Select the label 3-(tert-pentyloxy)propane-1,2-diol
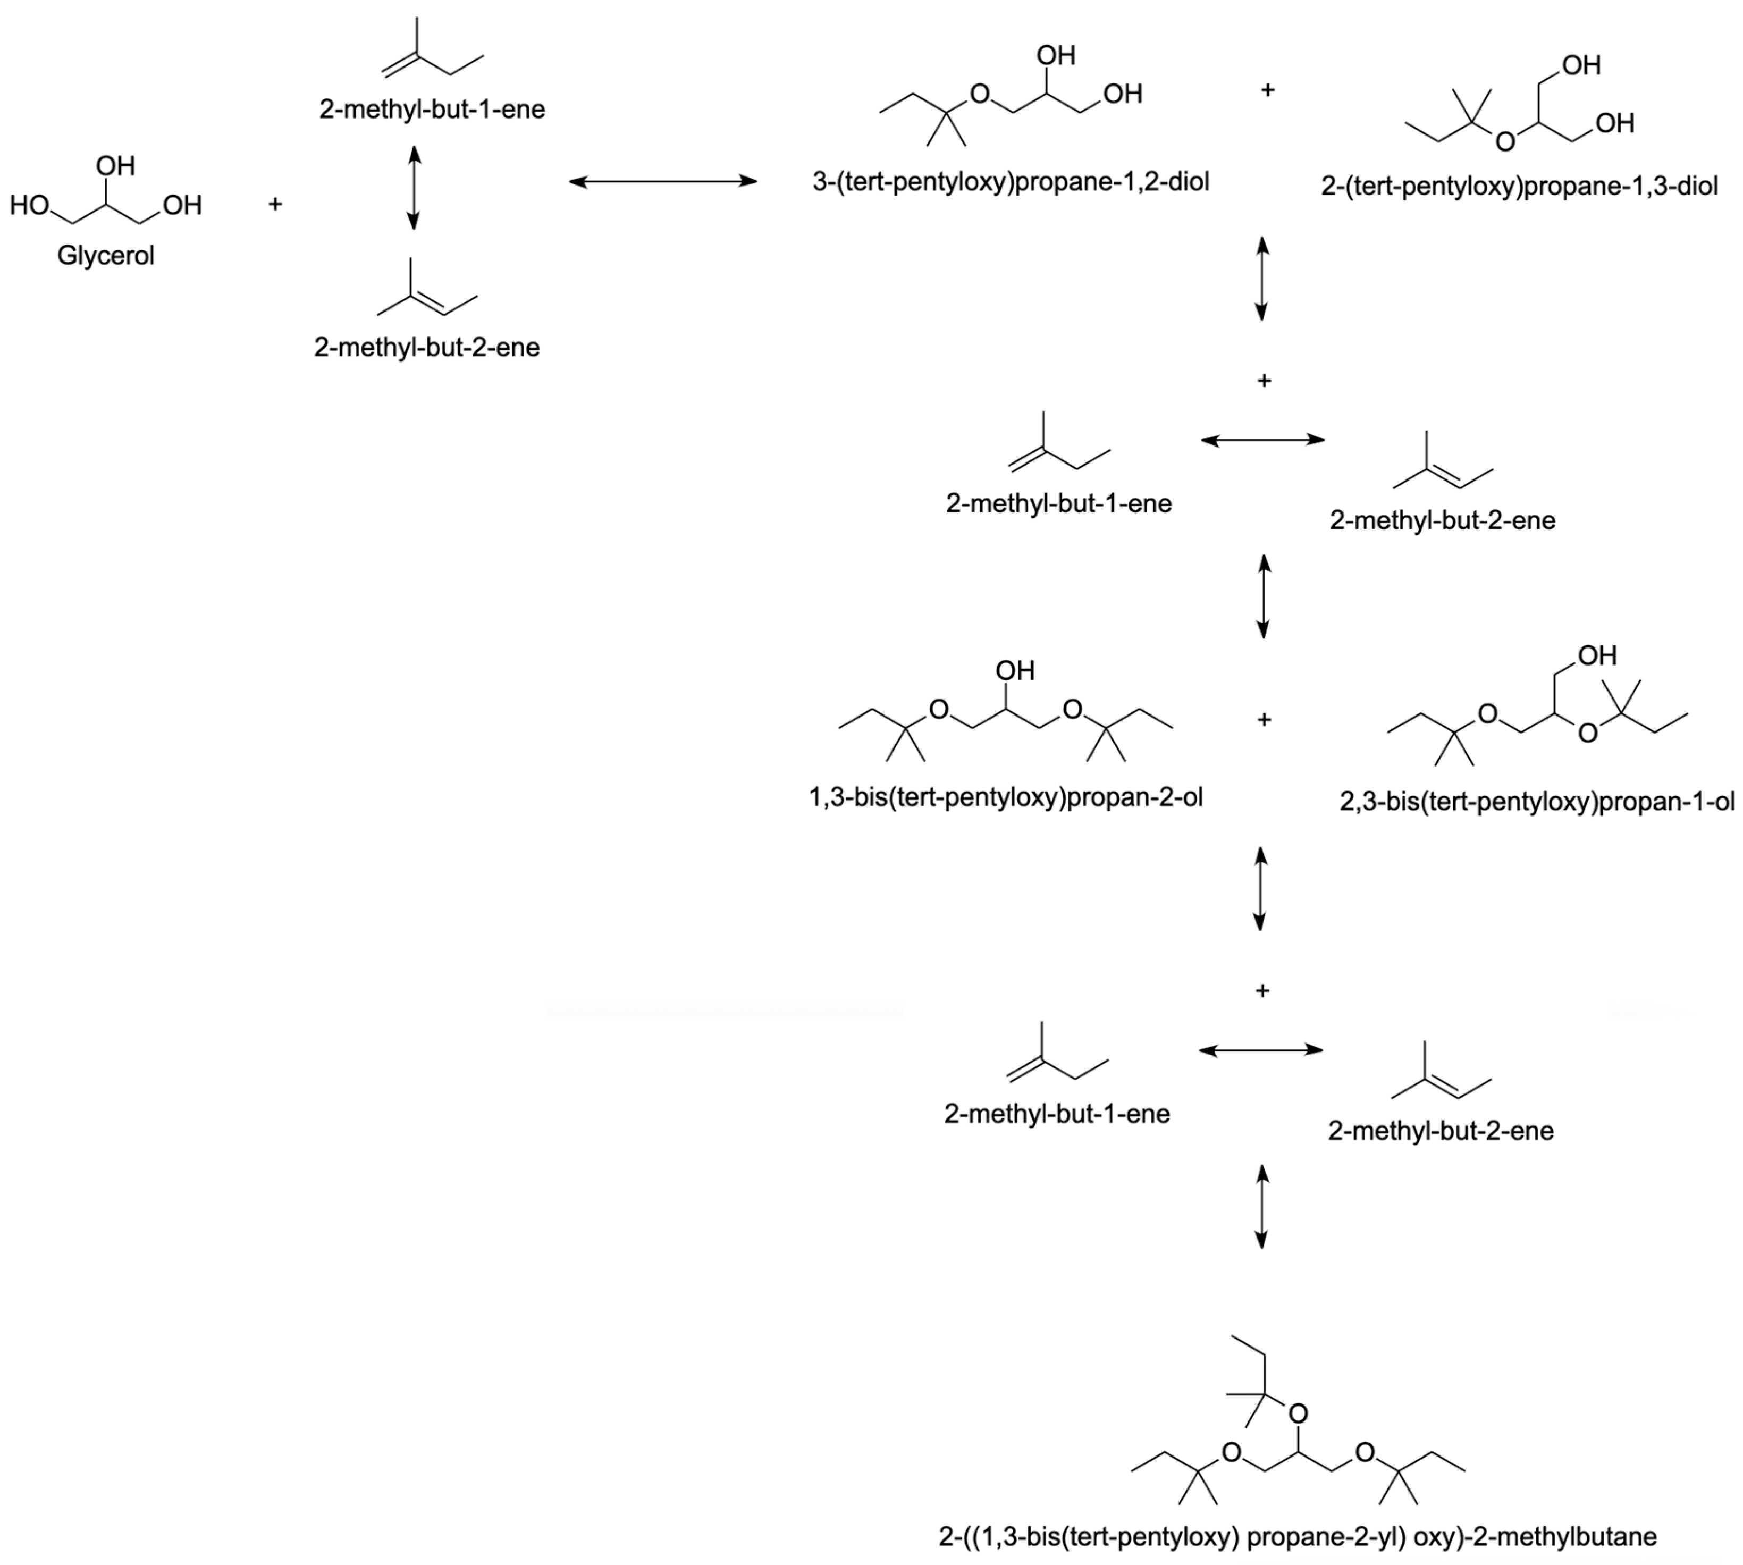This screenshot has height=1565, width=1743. (1011, 181)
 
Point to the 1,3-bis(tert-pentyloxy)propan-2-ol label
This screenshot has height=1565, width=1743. (1005, 797)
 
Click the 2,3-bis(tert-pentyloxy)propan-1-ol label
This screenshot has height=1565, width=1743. (1537, 802)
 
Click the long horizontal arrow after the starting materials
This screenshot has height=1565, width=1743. (663, 181)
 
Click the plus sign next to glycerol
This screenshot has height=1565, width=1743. (275, 204)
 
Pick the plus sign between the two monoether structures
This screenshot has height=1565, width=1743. (1267, 89)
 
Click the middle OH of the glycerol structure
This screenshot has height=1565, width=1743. (115, 165)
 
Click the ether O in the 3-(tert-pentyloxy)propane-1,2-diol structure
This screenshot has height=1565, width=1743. (980, 93)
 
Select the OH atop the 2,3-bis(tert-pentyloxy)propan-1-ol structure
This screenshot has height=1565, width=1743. (1597, 655)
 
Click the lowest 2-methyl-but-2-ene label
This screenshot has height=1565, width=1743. (1441, 1130)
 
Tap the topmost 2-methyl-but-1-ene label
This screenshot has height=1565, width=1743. (432, 109)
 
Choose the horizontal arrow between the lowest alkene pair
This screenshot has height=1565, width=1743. (1260, 1050)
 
